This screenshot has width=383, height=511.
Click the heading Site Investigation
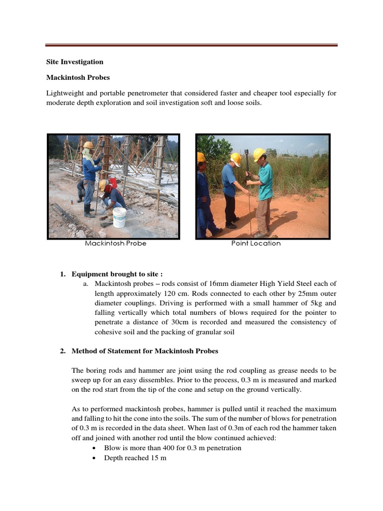pyautogui.click(x=75, y=62)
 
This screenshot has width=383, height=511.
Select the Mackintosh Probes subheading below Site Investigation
pyautogui.click(x=78, y=78)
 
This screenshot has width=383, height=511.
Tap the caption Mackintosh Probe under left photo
pyautogui.click(x=115, y=244)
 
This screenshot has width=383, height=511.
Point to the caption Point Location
pyautogui.click(x=256, y=244)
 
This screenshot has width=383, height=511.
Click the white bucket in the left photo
pyautogui.click(x=119, y=217)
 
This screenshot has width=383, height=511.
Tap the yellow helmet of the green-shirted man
pyautogui.click(x=259, y=154)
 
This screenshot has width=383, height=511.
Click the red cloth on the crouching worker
pyautogui.click(x=112, y=185)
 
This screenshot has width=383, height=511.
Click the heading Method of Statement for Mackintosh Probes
pyautogui.click(x=145, y=351)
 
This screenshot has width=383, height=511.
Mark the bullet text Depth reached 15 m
pyautogui.click(x=135, y=458)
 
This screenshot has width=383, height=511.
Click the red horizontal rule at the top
pyautogui.click(x=191, y=45)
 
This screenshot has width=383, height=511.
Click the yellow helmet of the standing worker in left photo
pyautogui.click(x=88, y=145)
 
